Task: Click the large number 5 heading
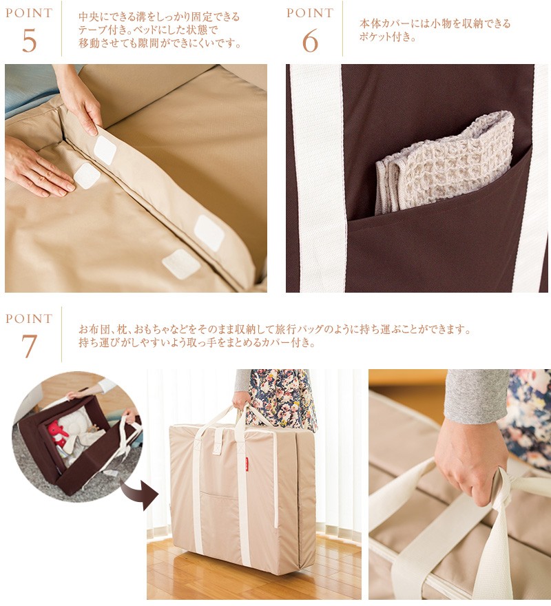point(30,41)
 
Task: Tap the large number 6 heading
point(310,41)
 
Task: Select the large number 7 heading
point(30,346)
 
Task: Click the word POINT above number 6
point(310,13)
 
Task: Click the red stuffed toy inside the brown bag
point(59,431)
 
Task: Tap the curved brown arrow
point(139,494)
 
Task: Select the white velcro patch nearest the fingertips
point(87,176)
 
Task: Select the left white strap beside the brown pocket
point(316,178)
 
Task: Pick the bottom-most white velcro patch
point(181,264)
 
